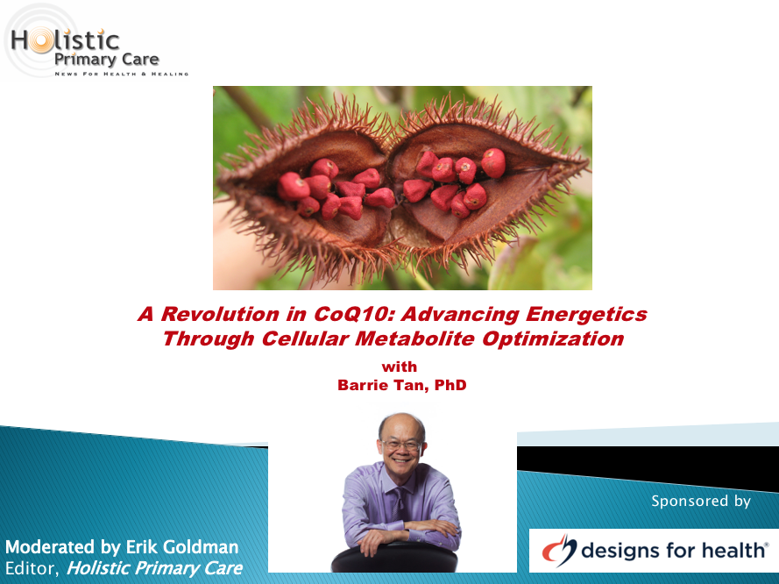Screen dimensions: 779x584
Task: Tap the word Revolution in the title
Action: point(220,314)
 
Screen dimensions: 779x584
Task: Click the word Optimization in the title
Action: point(553,339)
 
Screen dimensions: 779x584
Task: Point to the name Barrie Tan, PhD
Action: point(402,385)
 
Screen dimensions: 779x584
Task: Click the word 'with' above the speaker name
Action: point(400,367)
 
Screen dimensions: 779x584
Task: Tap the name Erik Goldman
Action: point(182,547)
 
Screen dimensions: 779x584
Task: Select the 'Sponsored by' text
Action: point(700,501)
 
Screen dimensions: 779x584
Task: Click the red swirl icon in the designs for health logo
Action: point(559,550)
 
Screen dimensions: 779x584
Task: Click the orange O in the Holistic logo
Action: point(40,40)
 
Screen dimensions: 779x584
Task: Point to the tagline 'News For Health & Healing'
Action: point(121,74)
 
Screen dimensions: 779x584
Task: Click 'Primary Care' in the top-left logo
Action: point(106,60)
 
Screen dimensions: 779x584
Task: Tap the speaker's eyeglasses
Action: point(400,445)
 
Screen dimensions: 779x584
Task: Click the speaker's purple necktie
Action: point(399,503)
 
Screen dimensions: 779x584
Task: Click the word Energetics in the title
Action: point(586,315)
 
